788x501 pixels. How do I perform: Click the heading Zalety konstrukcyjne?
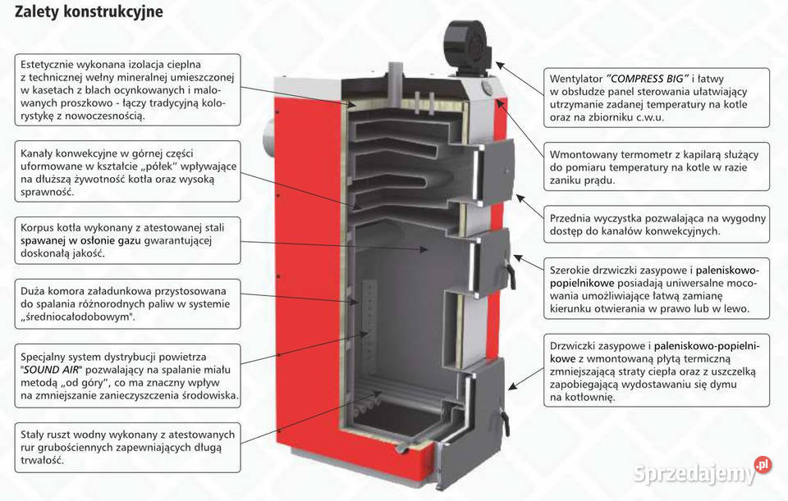click(x=88, y=12)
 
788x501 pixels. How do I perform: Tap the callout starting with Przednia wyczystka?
click(x=657, y=225)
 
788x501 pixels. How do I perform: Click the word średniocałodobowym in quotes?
click(x=85, y=317)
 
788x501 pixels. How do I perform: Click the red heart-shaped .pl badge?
click(x=763, y=464)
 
